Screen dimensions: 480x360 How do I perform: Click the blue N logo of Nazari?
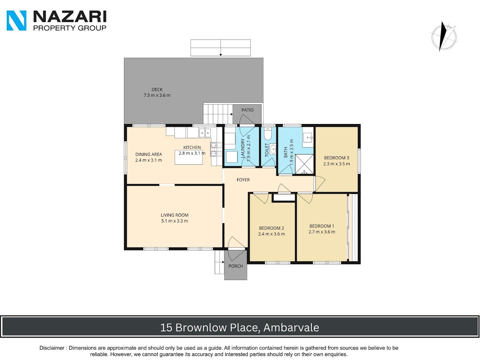click(x=16, y=20)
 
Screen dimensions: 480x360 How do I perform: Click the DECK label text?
click(x=157, y=89)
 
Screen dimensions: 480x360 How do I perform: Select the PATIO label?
click(x=247, y=110)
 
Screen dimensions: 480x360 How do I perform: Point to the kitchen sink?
click(x=205, y=133)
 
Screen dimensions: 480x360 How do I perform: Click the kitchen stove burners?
click(x=216, y=150)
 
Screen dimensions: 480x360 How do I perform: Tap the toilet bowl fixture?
click(x=267, y=133)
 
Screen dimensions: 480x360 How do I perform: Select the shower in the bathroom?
click(x=304, y=164)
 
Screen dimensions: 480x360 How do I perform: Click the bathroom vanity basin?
click(x=308, y=137)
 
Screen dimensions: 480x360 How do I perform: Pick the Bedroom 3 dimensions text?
click(x=336, y=164)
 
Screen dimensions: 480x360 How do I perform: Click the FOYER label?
click(x=243, y=180)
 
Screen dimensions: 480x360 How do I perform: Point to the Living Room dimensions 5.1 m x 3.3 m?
click(x=174, y=221)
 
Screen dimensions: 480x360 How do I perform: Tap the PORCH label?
click(x=236, y=266)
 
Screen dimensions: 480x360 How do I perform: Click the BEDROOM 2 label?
click(x=271, y=228)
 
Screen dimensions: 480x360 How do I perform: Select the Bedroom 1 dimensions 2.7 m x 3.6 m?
click(x=322, y=232)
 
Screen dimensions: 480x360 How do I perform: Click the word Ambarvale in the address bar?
click(x=291, y=328)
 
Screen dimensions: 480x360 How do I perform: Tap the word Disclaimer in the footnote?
click(x=52, y=348)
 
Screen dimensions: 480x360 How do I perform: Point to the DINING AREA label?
click(x=148, y=154)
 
